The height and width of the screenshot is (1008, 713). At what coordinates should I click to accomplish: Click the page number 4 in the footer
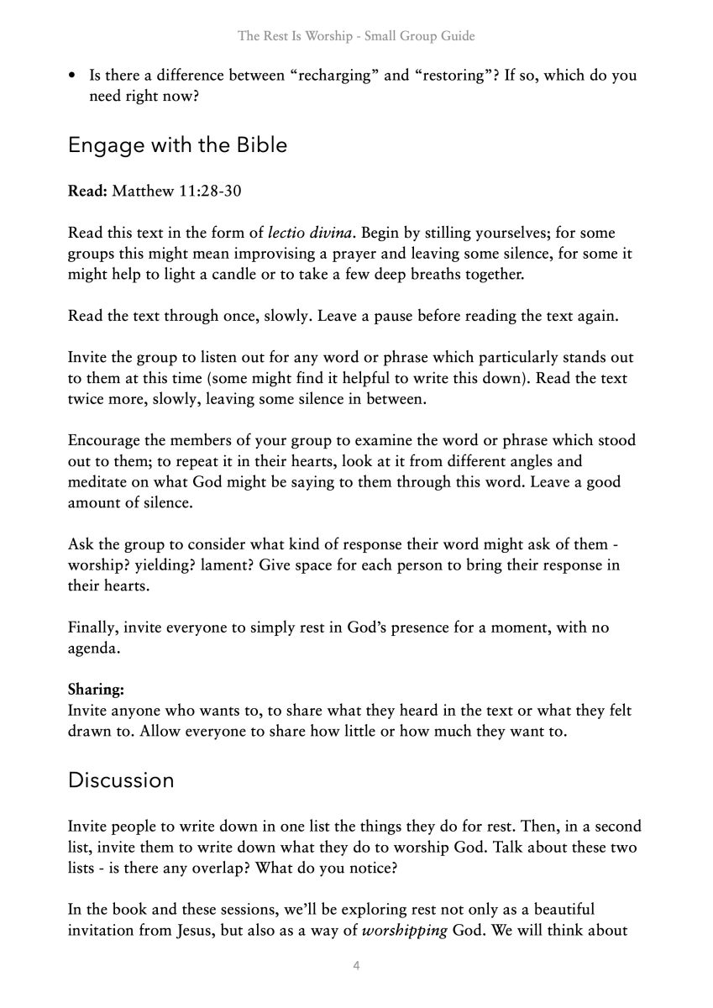tap(357, 966)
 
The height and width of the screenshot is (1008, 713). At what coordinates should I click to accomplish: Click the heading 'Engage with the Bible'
tap(177, 144)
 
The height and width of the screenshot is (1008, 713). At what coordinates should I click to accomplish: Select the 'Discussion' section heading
tap(121, 780)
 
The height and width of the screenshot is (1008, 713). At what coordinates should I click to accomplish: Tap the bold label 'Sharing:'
tap(96, 690)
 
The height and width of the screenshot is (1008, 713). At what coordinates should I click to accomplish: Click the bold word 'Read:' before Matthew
tap(87, 191)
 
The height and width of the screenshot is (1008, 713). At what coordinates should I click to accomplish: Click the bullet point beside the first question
tap(73, 76)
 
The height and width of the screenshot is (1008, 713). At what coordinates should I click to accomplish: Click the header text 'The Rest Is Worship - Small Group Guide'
tap(356, 36)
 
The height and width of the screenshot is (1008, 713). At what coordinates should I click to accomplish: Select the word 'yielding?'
tap(160, 564)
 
